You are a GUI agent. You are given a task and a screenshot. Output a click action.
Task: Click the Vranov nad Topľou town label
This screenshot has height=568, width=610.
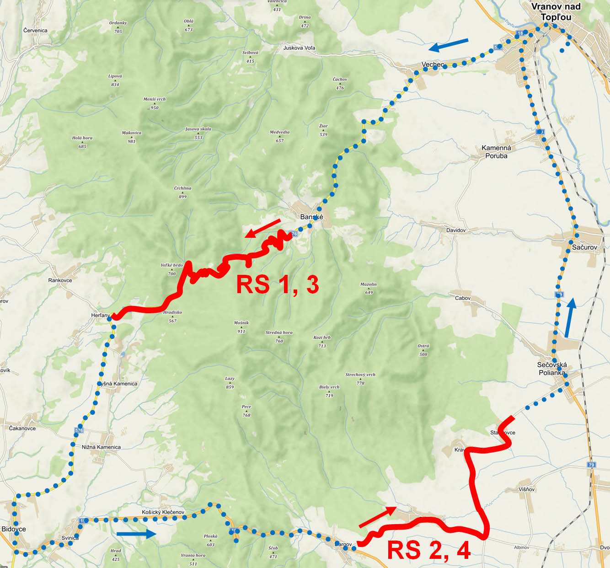coord(556,12)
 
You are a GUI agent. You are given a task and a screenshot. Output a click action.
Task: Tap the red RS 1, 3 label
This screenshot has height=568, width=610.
coord(277,284)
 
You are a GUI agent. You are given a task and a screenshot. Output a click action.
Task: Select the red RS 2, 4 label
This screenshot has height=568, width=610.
coord(428,550)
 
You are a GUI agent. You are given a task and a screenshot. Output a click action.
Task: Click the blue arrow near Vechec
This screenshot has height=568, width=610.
coord(448,45)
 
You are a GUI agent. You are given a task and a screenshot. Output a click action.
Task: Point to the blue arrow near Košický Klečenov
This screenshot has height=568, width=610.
coord(136,534)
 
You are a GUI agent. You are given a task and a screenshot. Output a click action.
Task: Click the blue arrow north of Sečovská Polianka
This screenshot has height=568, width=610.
coord(569,318)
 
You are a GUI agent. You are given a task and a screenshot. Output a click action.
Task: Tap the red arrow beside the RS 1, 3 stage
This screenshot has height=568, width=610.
coord(262,228)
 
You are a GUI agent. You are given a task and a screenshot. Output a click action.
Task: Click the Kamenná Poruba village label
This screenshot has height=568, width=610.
coord(496,152)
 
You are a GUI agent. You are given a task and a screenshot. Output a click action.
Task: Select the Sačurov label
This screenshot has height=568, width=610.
coord(584,247)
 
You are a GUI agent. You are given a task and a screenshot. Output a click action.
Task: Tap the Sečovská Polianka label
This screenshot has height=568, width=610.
coord(552,369)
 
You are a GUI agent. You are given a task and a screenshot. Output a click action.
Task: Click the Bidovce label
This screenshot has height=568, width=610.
coord(14,529)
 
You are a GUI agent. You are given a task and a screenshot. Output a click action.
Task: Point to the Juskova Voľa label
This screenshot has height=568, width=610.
coord(299,48)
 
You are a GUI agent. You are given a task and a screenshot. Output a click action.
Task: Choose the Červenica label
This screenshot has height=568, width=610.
coord(35,30)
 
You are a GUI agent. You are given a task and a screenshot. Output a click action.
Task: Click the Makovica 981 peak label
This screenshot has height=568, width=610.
coord(131,137)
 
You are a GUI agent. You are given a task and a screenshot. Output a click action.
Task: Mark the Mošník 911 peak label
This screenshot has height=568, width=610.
coord(241,327)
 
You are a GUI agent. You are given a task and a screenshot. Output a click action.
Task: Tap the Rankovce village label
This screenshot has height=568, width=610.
coord(60,280)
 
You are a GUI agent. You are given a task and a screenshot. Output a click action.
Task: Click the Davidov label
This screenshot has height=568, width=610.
coord(456,230)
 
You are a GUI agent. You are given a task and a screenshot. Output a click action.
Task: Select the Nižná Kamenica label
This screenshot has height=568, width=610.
coord(101,447)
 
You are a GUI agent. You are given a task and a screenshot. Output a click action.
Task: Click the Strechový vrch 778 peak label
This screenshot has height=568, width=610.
coord(360,379)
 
